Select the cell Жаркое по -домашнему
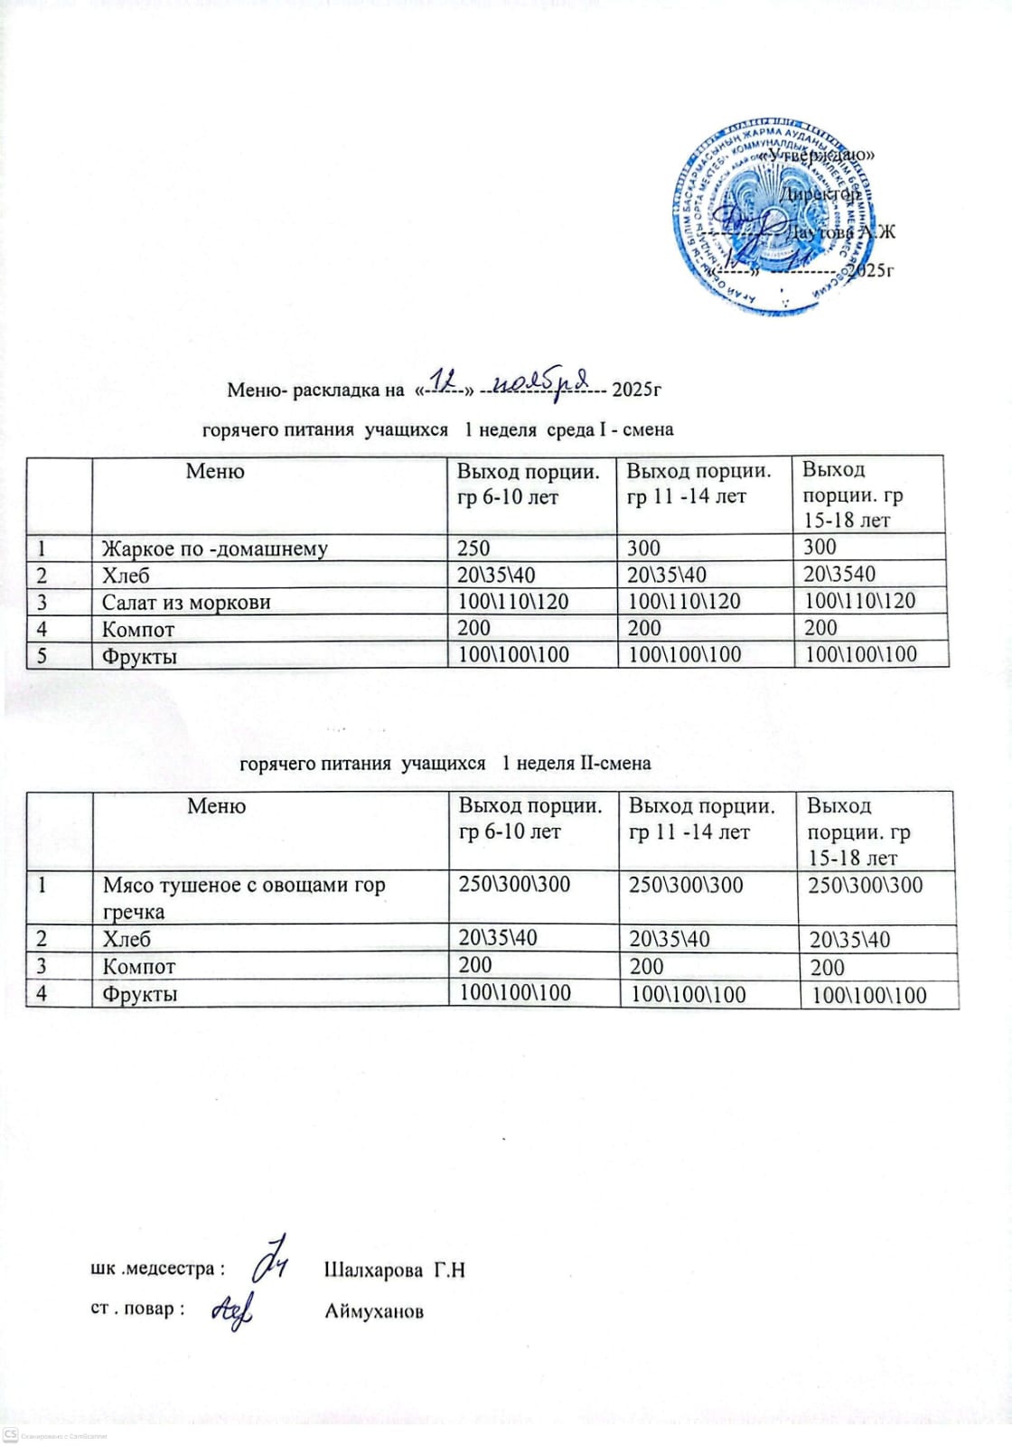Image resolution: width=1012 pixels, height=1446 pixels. [215, 549]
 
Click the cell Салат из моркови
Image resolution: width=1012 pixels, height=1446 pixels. [186, 602]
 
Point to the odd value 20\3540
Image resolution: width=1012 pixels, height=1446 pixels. [840, 574]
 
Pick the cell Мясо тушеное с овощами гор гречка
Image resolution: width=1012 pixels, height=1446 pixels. [244, 897]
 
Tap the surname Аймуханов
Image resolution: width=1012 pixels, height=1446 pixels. [373, 1310]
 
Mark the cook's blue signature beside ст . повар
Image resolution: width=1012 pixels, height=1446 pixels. [232, 1308]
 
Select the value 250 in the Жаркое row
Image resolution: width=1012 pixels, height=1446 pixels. [473, 548]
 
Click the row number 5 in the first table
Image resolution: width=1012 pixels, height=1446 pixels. [41, 654]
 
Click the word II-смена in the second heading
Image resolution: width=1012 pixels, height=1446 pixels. [615, 763]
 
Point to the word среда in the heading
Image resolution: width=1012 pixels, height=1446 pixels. [571, 429]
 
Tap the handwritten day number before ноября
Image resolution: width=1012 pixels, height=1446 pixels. [443, 381]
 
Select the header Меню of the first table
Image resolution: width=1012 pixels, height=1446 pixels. [215, 471]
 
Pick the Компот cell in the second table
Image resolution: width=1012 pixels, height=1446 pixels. [139, 966]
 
